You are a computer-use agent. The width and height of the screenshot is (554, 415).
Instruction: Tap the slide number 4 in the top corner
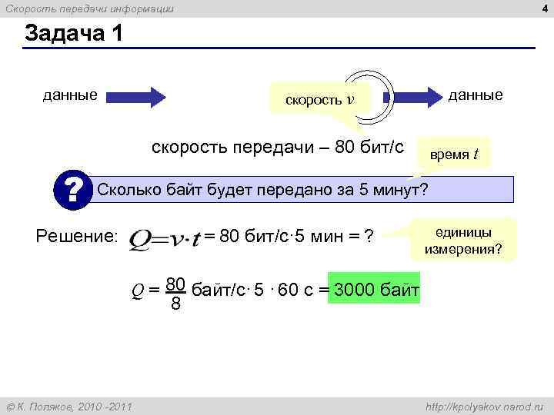coord(544,8)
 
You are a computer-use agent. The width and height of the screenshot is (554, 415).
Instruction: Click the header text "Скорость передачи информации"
coord(90,8)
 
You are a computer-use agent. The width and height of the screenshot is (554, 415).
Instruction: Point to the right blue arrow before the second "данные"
coord(420,97)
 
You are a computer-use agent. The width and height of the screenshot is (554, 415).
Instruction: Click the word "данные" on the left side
coord(70,95)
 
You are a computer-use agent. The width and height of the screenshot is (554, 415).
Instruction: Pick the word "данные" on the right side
coord(476,95)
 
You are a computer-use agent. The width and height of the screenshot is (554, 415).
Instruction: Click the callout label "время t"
coord(454,154)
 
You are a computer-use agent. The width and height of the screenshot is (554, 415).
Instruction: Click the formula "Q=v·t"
coord(165,239)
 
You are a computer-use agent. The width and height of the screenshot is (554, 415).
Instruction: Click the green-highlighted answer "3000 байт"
coord(375,290)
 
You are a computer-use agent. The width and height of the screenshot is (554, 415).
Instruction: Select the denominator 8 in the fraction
coord(176,305)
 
